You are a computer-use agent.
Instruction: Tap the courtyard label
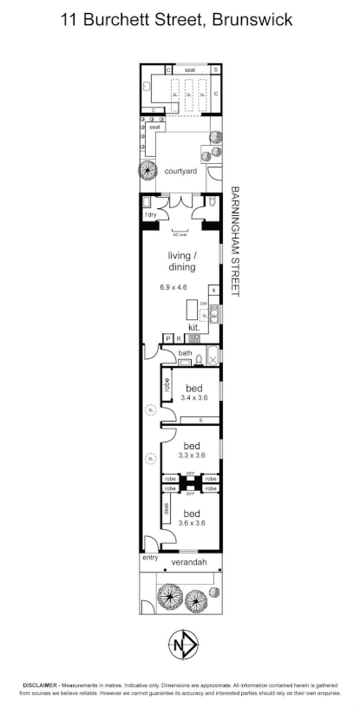[180, 171]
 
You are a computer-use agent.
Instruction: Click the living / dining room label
[182, 260]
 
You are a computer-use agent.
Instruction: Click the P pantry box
[168, 339]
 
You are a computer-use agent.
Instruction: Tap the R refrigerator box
[178, 339]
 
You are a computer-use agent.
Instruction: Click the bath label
[185, 353]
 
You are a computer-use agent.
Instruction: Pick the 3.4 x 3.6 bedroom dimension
[194, 397]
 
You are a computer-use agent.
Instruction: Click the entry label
[151, 557]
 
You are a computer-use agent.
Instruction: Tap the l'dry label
[151, 213]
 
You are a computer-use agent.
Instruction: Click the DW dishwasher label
[204, 303]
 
